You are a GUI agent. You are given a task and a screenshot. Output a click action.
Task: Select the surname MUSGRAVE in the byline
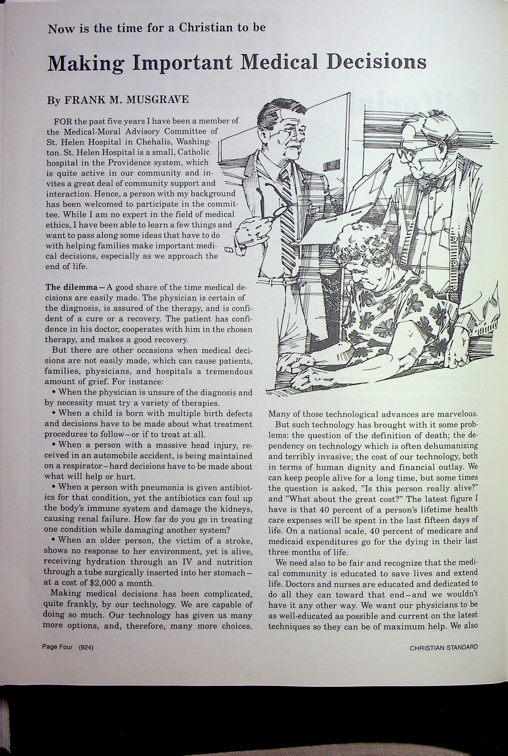point(157,99)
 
